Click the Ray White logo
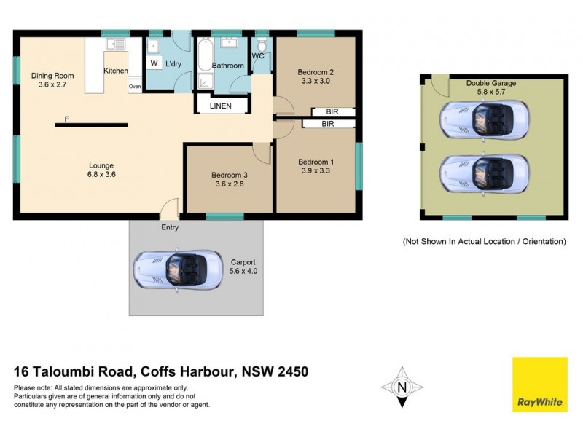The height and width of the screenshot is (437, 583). [540, 384]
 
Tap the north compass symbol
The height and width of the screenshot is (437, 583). [402, 386]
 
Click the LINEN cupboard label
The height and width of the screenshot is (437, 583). [220, 106]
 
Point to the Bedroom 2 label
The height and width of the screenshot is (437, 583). [316, 72]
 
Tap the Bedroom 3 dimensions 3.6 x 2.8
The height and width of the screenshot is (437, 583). [230, 185]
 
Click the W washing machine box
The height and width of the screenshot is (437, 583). [154, 63]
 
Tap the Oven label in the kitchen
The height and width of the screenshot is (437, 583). [135, 87]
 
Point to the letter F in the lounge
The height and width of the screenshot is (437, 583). [66, 119]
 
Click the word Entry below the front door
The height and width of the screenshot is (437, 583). [170, 227]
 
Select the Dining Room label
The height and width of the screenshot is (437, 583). [52, 75]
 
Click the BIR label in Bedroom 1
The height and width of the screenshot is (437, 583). [327, 125]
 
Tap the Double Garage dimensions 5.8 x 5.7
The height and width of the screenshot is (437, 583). [490, 92]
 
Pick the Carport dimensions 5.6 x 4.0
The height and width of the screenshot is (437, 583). [243, 270]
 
